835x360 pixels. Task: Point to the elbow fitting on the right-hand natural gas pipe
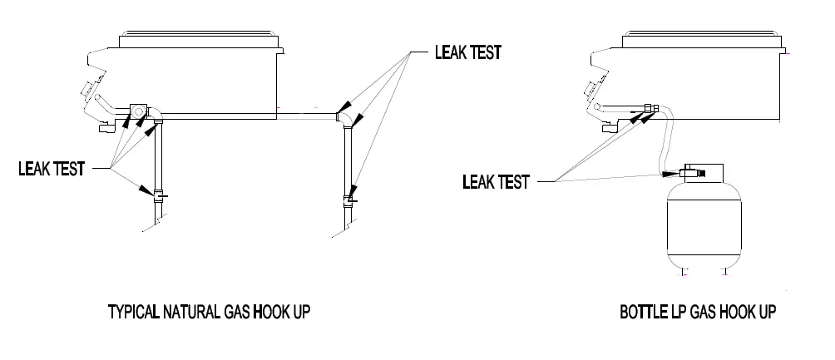tap(345, 119)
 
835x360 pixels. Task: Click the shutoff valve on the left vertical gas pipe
tap(159, 196)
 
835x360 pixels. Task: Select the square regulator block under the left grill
tap(138, 111)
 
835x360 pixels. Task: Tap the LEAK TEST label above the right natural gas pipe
tap(468, 52)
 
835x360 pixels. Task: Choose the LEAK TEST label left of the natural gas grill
tap(52, 169)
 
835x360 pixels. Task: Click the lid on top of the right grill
tap(702, 39)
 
